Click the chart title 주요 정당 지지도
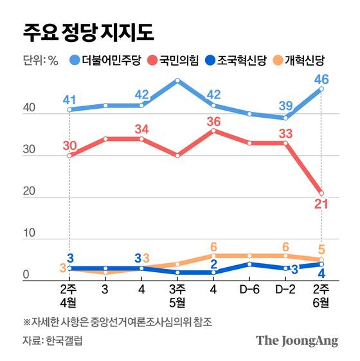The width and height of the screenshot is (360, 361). tap(88, 31)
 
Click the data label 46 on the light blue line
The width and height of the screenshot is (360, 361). tap(321, 80)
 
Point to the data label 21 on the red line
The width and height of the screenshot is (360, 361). tap(321, 205)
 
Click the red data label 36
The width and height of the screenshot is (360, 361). tap(215, 121)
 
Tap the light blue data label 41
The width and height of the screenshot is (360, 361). tap(70, 99)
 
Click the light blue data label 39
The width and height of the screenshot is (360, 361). tap(285, 106)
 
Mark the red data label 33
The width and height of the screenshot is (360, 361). tap(285, 133)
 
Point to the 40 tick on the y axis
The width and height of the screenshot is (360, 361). tap(29, 110)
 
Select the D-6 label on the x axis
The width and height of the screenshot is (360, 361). tap(249, 287)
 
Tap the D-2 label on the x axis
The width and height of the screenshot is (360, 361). tap(285, 287)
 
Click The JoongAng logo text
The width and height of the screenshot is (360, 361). tap(296, 341)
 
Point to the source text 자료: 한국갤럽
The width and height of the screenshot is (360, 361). tap(51, 340)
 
